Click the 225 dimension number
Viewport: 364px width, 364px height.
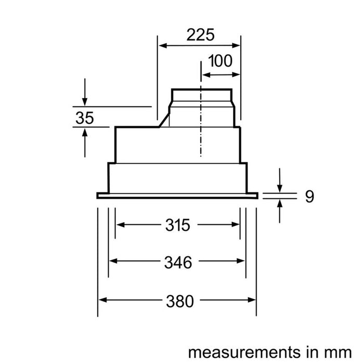point(200,35)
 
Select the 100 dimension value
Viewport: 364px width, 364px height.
point(220,61)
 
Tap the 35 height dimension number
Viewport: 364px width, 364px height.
point(84,118)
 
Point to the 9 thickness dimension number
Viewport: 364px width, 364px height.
point(309,197)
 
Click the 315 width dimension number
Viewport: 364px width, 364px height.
point(178,225)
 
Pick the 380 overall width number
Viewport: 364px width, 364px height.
point(178,301)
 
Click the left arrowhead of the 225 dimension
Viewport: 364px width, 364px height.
point(162,46)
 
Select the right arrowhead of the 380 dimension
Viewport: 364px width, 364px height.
point(253,300)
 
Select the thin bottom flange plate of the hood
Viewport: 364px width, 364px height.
point(178,196)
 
